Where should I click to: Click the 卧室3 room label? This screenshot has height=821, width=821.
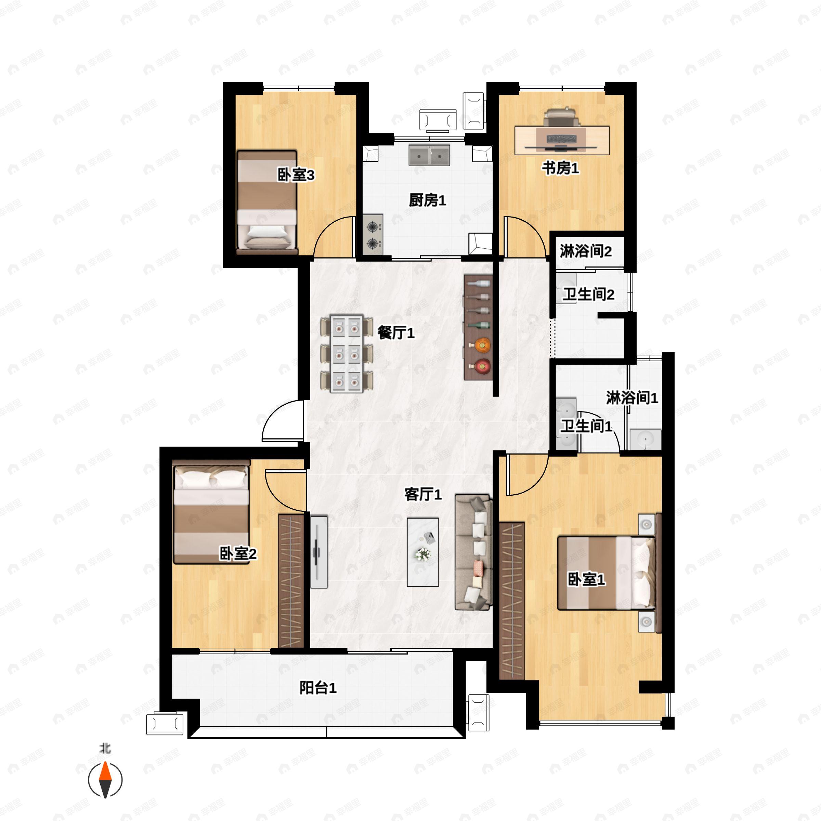coord(296,175)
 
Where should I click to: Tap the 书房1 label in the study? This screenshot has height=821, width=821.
coord(560,168)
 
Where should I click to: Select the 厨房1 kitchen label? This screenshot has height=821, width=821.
coord(428,200)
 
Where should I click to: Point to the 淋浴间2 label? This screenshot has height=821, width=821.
coord(586,251)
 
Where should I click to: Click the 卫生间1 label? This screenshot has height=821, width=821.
coord(586,426)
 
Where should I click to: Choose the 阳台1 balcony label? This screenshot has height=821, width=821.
coord(318,688)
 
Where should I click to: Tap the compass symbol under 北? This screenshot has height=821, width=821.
coord(105,780)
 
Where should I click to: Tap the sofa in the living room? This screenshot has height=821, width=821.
coord(473,552)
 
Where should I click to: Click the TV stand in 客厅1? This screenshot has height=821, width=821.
coord(319,552)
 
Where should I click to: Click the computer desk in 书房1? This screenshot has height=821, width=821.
coord(562,140)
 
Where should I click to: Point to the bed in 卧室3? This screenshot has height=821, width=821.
coord(267,202)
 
